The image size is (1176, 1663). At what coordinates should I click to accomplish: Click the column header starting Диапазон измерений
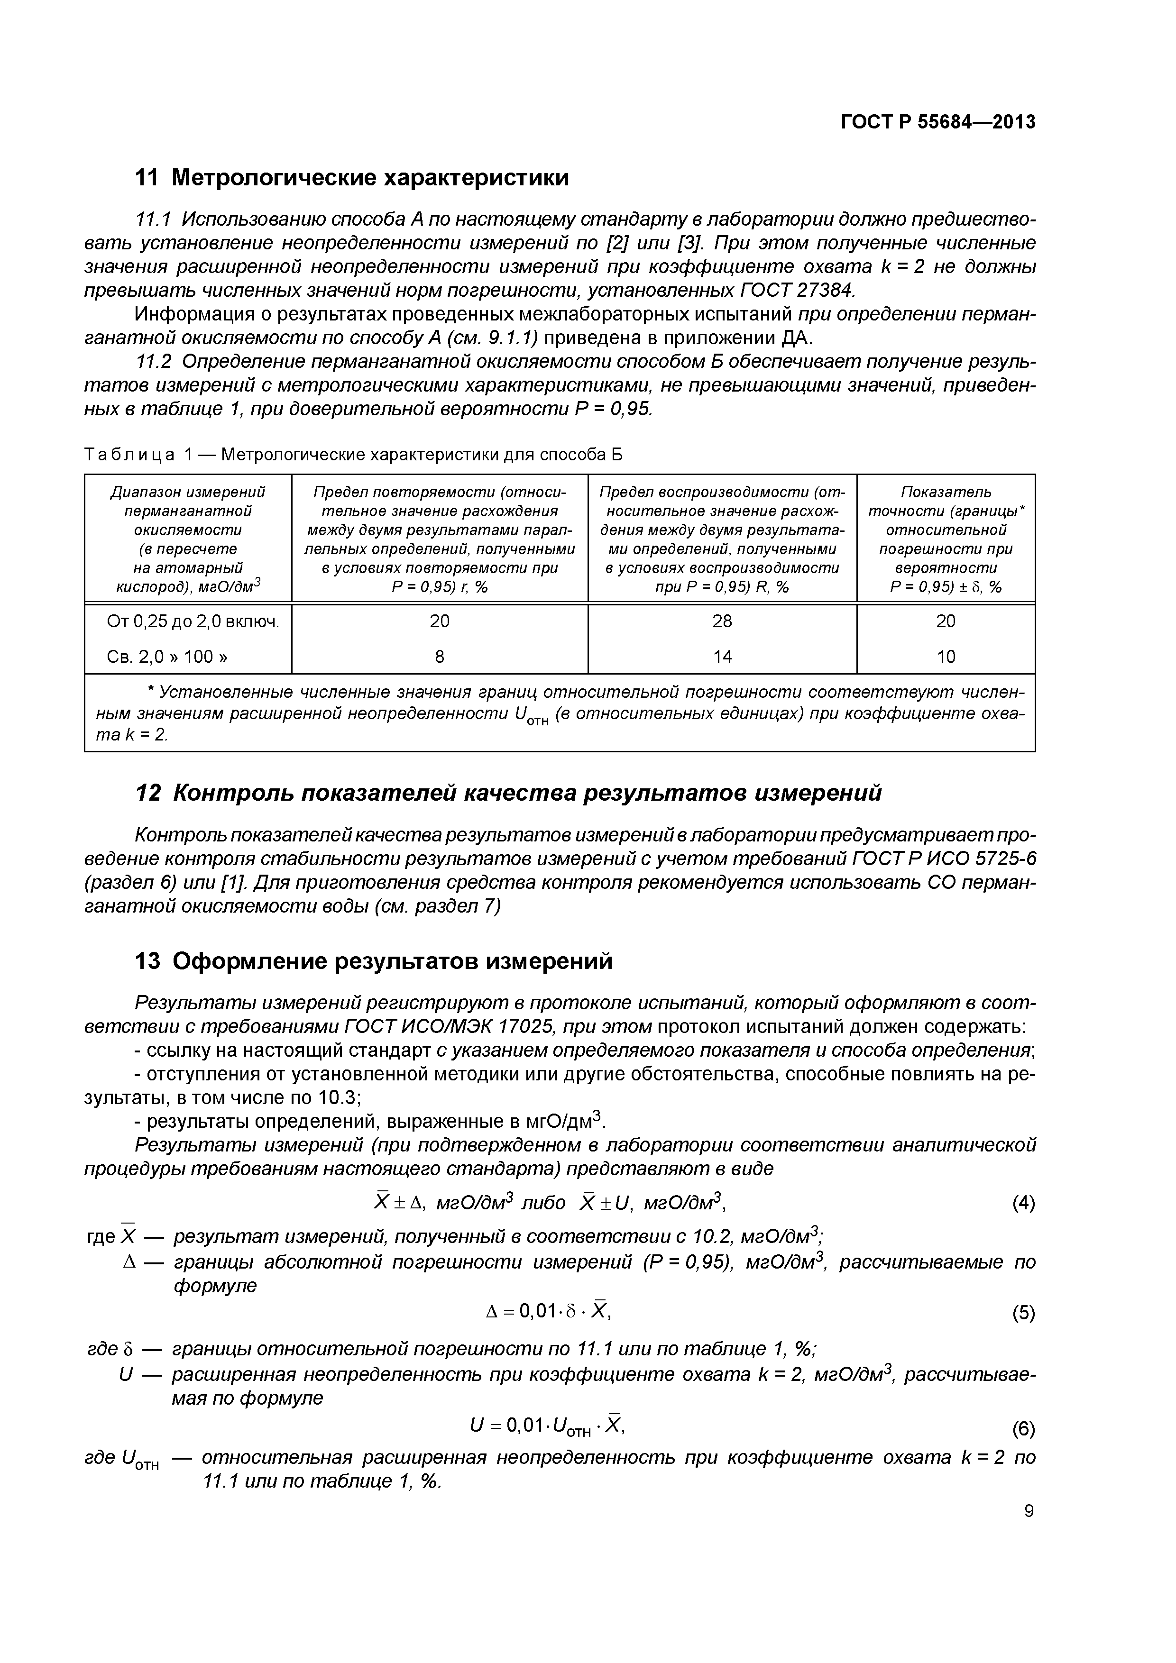pyautogui.click(x=188, y=539)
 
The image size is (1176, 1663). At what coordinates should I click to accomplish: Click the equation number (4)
pyautogui.click(x=1023, y=1204)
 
